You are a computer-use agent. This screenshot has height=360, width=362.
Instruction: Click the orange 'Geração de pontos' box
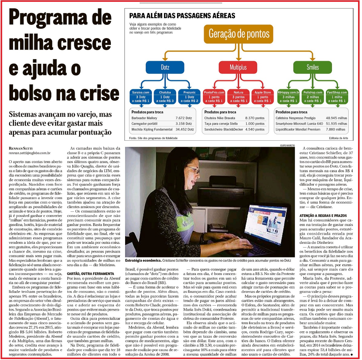coord(239,34)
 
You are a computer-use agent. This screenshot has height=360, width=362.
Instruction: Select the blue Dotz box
coord(165,67)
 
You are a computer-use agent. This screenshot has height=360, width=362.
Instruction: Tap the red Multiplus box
coord(238,67)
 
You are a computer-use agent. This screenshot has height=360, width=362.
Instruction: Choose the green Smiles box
coord(312,67)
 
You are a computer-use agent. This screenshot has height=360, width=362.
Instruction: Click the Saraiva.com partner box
coord(141,97)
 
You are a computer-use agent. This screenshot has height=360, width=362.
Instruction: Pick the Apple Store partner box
coord(263,97)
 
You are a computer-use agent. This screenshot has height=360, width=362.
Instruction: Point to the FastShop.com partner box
coord(337,97)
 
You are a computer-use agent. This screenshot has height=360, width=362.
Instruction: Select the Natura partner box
coord(238,97)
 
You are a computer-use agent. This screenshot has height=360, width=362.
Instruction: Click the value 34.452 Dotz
coord(185,129)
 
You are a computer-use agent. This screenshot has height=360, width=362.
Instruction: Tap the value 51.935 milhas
coord(336,124)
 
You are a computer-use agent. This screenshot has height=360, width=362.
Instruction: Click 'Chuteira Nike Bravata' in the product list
coord(220,118)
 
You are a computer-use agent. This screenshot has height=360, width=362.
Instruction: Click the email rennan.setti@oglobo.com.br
coord(30,153)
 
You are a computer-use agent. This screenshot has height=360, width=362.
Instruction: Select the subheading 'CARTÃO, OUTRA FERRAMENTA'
coord(91,274)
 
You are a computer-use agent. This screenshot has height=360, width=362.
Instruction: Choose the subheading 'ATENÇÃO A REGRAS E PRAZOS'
coord(323,216)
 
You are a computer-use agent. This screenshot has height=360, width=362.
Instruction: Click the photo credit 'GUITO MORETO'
coord(287,146)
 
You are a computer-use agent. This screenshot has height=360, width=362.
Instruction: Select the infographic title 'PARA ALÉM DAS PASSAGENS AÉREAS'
coord(182,16)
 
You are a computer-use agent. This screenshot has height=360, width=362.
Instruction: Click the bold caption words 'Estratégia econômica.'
coord(143,260)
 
